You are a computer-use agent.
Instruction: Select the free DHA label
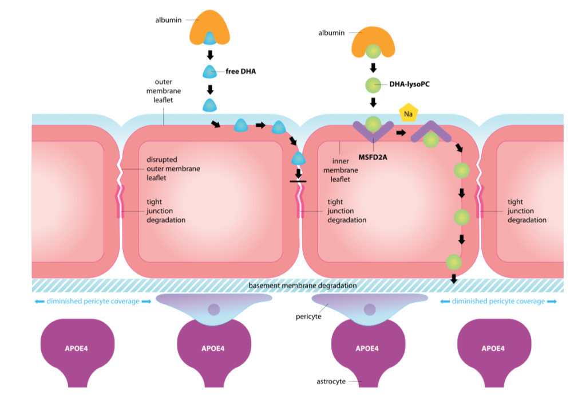pos(240,71)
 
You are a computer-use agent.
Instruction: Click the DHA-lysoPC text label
pos(409,84)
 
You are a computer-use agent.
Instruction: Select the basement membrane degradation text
pos(303,286)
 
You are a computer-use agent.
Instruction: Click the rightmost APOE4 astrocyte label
pos(493,348)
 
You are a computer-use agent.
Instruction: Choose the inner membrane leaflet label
pos(340,170)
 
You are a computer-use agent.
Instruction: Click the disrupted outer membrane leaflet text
pos(163,169)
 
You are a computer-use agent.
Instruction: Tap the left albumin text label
pos(168,20)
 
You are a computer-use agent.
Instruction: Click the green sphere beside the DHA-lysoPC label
pos(373,85)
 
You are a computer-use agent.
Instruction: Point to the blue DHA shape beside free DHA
pos(210,71)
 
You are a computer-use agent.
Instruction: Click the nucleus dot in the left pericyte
pos(213,310)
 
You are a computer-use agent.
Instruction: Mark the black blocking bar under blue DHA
pos(298,181)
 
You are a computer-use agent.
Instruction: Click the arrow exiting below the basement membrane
pos(454,279)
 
